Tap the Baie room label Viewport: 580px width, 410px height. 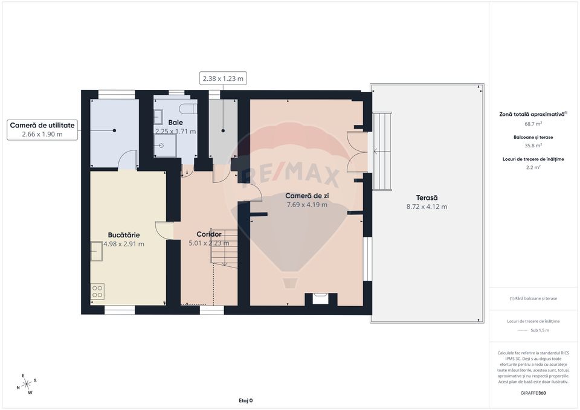point(175,122)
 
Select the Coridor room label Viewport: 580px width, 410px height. point(209,234)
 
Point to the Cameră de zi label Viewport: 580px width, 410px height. point(307,195)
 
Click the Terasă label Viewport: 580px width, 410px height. point(427,197)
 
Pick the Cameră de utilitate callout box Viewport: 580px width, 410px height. point(42,129)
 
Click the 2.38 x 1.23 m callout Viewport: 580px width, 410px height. point(223,78)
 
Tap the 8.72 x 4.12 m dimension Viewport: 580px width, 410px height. point(427,207)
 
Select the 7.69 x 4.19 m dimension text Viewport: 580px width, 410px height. point(307,205)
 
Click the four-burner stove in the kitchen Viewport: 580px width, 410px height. point(98,292)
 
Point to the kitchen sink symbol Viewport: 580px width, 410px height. point(97,251)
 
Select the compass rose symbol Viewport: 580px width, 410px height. point(27,384)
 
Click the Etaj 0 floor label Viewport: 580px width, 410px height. point(245,400)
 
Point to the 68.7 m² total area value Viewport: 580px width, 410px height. point(533,124)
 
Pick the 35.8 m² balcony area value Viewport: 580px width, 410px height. point(533,146)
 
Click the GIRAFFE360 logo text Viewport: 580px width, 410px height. point(533,393)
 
